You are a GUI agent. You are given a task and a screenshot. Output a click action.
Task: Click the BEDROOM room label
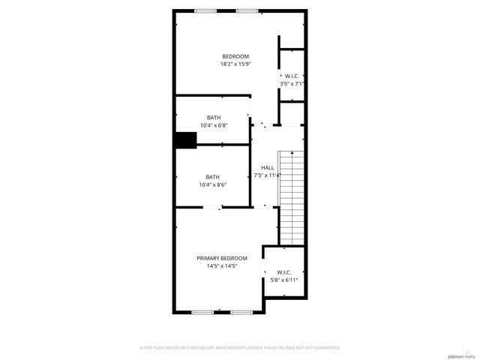[235, 57]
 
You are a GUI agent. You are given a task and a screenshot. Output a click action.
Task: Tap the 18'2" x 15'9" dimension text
[235, 64]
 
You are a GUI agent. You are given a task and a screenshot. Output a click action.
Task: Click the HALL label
[267, 167]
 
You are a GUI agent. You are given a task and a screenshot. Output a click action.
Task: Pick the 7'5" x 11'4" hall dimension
[267, 175]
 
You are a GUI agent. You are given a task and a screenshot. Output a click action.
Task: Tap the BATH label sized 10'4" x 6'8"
[214, 118]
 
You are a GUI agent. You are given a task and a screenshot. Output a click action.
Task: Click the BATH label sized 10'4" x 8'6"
[213, 177]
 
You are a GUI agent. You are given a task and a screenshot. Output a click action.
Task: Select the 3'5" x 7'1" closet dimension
[292, 84]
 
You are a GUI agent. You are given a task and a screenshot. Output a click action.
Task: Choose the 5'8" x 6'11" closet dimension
[284, 280]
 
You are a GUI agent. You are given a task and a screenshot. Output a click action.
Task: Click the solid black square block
[184, 140]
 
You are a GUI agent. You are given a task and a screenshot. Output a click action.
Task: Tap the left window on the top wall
[203, 10]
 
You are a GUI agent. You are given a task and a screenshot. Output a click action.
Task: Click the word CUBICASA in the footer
[197, 348]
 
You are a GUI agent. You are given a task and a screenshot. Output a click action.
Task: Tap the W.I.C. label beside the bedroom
[292, 76]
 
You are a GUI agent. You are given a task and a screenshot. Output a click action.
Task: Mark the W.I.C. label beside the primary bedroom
[284, 272]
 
